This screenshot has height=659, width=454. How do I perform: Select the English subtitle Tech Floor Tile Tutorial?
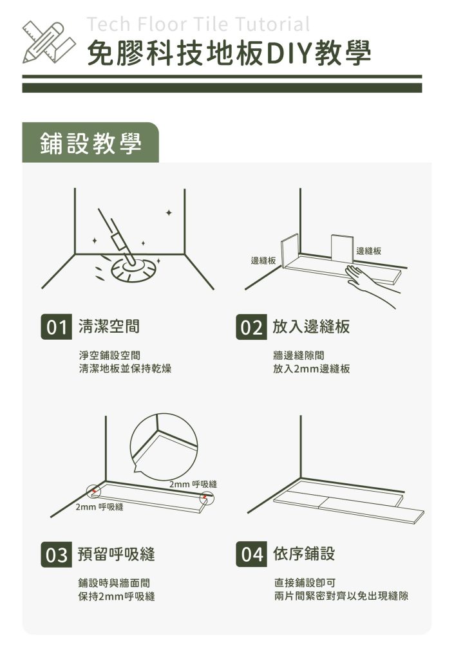pyautogui.click(x=198, y=24)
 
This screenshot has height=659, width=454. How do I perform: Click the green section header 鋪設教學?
pyautogui.click(x=90, y=143)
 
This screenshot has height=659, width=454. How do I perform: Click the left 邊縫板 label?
pyautogui.click(x=263, y=261)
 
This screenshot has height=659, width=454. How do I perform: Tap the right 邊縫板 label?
pyautogui.click(x=368, y=251)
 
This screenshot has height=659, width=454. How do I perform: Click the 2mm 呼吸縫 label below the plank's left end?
pyautogui.click(x=99, y=508)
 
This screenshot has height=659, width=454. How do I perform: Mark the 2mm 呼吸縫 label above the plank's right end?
pyautogui.click(x=193, y=484)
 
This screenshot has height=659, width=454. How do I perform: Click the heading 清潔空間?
pyautogui.click(x=109, y=326)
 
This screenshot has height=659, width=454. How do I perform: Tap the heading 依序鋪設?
pyautogui.click(x=303, y=553)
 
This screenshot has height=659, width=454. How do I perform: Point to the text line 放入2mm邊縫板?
pyautogui.click(x=311, y=369)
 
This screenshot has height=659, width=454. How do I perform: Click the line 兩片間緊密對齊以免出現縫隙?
pyautogui.click(x=341, y=597)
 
